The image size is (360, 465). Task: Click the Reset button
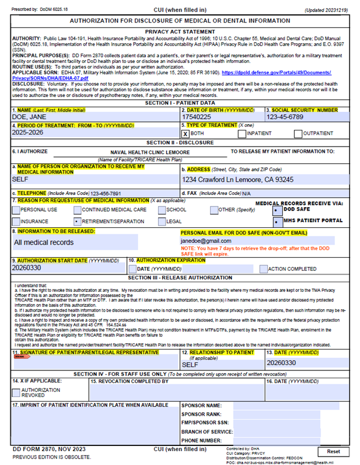click(x=333, y=451)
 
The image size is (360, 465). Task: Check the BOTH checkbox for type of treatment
click(x=186, y=134)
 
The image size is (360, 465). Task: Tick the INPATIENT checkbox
click(x=242, y=134)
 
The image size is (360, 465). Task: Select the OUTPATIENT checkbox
click(x=298, y=134)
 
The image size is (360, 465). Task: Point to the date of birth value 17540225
click(x=198, y=117)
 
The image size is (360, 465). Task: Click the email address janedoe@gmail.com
click(x=206, y=241)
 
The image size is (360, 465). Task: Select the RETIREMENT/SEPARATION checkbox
click(x=77, y=221)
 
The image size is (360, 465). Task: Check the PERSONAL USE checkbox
click(x=16, y=209)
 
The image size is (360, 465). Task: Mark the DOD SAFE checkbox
click(x=277, y=209)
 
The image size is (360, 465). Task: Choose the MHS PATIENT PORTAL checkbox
click(x=277, y=222)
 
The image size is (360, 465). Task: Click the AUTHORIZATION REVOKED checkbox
click(x=16, y=392)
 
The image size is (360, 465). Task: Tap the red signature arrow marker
click(x=21, y=356)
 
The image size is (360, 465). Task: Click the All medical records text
click(x=44, y=242)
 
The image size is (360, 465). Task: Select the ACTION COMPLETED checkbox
click(x=263, y=269)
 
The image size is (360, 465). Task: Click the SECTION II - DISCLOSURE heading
click(x=179, y=142)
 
